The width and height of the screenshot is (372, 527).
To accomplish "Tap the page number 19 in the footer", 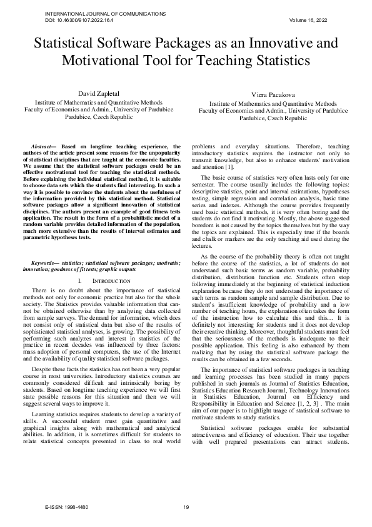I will coord(186,506).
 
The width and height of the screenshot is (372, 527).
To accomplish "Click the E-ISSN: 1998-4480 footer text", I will coord(71,506).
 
